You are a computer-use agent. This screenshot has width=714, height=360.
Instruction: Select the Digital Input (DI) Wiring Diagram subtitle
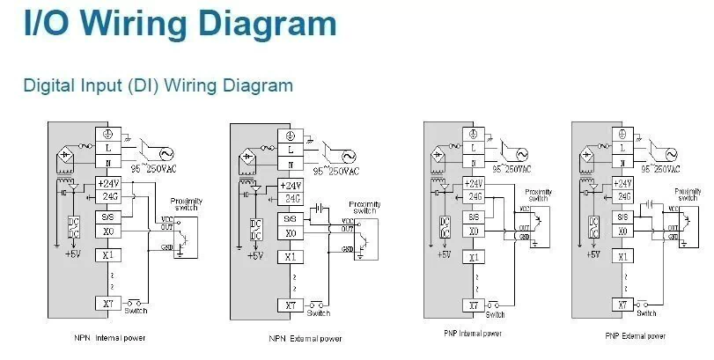pyautogui.click(x=158, y=85)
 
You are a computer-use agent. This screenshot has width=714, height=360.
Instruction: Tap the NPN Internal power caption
pyautogui.click(x=110, y=337)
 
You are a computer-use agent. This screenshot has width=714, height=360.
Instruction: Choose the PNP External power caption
pyautogui.click(x=635, y=335)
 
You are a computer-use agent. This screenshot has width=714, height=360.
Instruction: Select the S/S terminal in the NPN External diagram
pyautogui.click(x=291, y=218)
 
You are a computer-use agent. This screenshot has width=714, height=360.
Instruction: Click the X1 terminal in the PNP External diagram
pyautogui.click(x=622, y=257)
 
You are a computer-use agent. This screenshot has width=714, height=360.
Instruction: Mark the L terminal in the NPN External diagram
pyautogui.click(x=291, y=150)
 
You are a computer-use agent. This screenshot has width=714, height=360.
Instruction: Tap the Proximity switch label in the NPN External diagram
pyautogui.click(x=364, y=208)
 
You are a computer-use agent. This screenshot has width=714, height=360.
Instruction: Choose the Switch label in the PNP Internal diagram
pyautogui.click(x=495, y=314)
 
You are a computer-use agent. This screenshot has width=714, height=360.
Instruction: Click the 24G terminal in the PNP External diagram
pyautogui.click(x=622, y=197)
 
